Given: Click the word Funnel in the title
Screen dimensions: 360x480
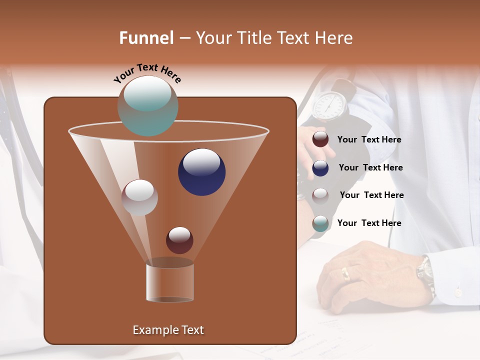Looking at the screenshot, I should click(146, 38).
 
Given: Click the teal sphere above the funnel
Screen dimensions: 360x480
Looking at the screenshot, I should click(147, 105).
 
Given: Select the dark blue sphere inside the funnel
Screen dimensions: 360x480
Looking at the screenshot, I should click(201, 172).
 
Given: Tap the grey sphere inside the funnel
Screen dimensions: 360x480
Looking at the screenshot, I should click(139, 197).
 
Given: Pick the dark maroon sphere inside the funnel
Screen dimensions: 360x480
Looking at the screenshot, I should click(179, 240).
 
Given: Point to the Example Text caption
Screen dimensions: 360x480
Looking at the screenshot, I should click(168, 330).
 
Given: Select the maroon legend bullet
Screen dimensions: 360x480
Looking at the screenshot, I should click(320, 139).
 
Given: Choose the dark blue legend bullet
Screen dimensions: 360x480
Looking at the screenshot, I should click(320, 168).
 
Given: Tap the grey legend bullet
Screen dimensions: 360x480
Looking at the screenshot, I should click(320, 195).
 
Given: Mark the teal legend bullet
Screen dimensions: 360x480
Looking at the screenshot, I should click(320, 223).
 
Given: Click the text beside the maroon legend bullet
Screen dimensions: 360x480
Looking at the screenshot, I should click(369, 140).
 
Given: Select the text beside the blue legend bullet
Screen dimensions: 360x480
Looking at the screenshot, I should click(370, 167).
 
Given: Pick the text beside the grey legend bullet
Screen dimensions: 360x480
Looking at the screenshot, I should click(371, 195).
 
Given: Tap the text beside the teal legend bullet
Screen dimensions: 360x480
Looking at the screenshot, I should click(369, 223).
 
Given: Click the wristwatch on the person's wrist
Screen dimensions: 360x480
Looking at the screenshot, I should click(425, 273).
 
